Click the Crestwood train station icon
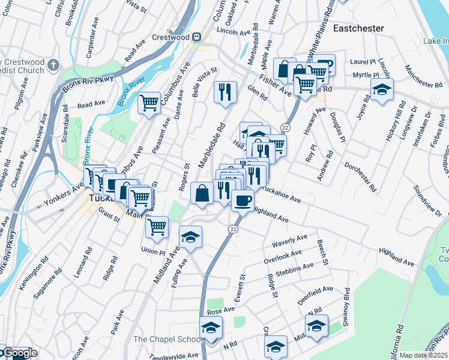pyautogui.click(x=196, y=37)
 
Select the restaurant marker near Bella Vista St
pyautogui.click(x=224, y=92)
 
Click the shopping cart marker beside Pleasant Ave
pyautogui.click(x=149, y=102)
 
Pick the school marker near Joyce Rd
pyautogui.click(x=382, y=90)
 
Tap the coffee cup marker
pyautogui.click(x=243, y=200)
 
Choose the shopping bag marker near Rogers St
pyautogui.click(x=202, y=193)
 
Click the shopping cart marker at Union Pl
pyautogui.click(x=157, y=226)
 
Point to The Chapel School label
pyautogui.click(x=168, y=339)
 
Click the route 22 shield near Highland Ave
pyautogui.click(x=234, y=229)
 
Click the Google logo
pyautogui.click(x=19, y=353)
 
